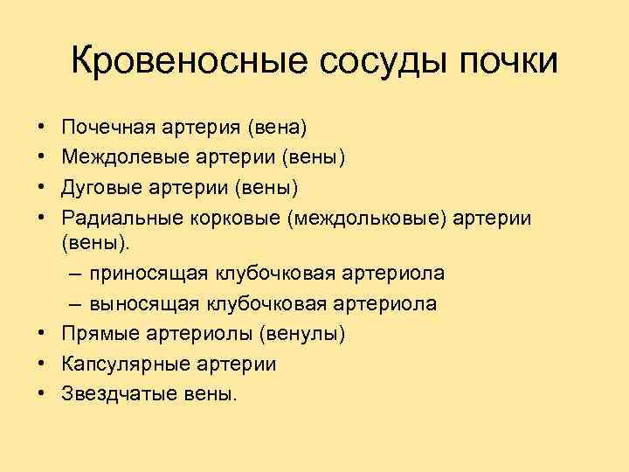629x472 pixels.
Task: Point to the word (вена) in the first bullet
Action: (x=276, y=128)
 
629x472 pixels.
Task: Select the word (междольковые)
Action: (x=368, y=215)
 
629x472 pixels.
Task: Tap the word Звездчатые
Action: (x=114, y=393)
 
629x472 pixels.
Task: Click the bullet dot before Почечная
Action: (x=43, y=129)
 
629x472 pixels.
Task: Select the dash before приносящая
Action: (x=73, y=274)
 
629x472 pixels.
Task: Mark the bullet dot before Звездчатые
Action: (x=43, y=394)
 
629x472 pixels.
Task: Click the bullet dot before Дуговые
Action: (x=43, y=187)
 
